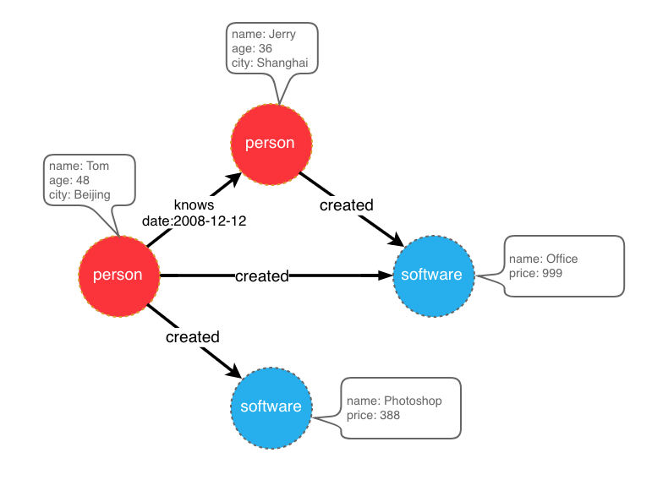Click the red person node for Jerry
tap(271, 143)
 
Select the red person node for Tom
tap(118, 275)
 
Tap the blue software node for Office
tap(432, 275)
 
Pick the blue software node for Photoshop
tap(271, 407)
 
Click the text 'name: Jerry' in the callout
tap(264, 35)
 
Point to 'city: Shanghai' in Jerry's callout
tap(270, 63)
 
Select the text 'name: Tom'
tap(79, 166)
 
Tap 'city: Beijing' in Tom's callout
tap(80, 194)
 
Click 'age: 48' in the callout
tap(69, 180)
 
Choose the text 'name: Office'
tap(544, 259)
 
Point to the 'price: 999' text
tap(535, 273)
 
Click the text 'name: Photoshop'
tap(394, 401)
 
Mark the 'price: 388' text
tap(373, 415)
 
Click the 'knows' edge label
tap(194, 205)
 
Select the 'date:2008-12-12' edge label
tap(194, 221)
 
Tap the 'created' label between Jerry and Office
tap(346, 205)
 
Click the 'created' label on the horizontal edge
tap(262, 275)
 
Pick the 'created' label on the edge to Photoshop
tap(193, 337)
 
